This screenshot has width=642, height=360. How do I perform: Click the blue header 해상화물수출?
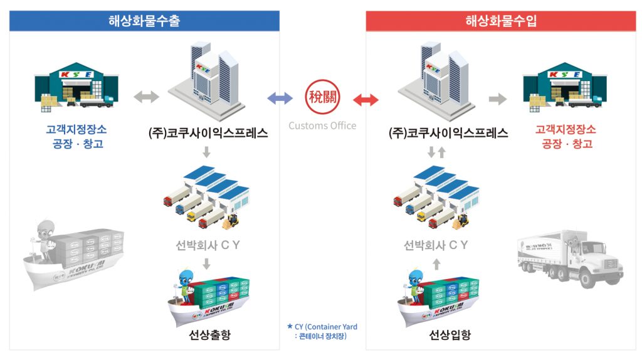pos(144,21)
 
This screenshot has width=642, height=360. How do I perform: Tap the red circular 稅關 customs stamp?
pos(322,98)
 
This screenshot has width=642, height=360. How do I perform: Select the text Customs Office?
pos(322,125)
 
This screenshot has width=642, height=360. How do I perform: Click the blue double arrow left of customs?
pos(280,98)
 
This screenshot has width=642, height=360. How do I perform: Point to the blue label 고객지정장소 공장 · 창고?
pos(76,137)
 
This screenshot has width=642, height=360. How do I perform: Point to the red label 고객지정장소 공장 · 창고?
pos(565,137)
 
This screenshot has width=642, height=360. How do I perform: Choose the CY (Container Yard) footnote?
pos(322,331)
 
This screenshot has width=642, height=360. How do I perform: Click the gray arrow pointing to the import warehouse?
pos(498,98)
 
